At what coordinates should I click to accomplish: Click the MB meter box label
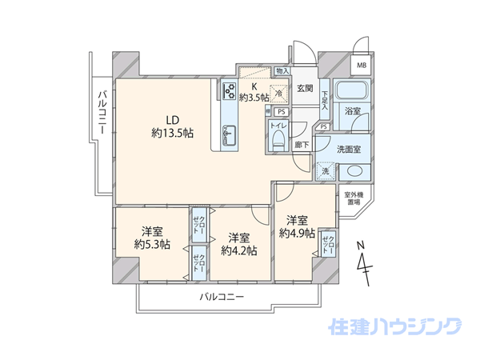(362, 66)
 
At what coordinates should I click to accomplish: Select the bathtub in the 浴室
(351, 90)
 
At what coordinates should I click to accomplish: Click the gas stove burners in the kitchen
(230, 91)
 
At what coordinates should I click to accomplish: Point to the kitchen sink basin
(229, 135)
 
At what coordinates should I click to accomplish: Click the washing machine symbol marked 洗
(326, 171)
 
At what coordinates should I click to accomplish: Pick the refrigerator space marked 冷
(279, 93)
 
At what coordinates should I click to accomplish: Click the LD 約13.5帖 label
(172, 126)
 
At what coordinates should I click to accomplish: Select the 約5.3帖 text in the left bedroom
(152, 244)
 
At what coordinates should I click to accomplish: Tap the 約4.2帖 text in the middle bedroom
(239, 250)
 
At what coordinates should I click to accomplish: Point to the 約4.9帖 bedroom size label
(297, 234)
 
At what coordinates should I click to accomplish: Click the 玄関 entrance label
(305, 89)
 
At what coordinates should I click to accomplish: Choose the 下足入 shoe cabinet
(325, 99)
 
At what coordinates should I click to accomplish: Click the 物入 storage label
(282, 71)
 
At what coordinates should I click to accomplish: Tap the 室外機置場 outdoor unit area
(354, 198)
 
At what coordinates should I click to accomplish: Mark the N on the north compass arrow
(362, 246)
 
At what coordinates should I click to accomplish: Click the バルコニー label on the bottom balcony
(222, 296)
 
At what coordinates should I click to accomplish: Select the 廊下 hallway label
(302, 145)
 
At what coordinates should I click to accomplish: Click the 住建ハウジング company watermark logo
(395, 326)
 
